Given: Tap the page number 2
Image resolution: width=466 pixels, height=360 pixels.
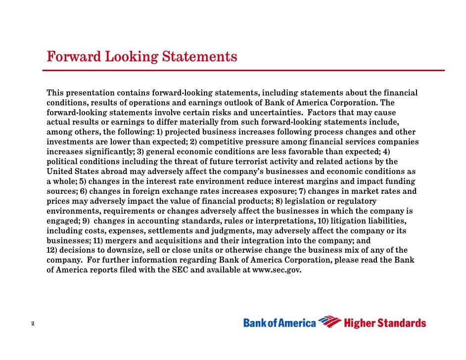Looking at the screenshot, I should (32, 324).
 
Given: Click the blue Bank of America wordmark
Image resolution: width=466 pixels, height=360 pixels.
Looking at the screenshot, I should (280, 323).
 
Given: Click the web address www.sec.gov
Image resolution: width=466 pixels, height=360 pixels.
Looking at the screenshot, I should (277, 270).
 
